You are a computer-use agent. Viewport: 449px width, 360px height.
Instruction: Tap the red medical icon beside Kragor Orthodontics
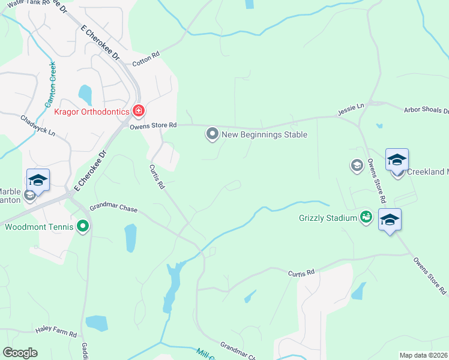click(x=139, y=111)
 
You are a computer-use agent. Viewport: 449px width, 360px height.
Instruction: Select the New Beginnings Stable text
click(x=264, y=134)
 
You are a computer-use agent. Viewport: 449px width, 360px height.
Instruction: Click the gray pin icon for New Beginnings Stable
click(x=212, y=134)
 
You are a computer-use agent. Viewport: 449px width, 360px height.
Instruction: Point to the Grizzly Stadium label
click(x=328, y=218)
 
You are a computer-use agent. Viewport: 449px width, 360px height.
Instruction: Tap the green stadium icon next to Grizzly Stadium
click(x=365, y=217)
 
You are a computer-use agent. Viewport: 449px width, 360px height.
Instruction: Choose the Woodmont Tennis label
click(x=39, y=227)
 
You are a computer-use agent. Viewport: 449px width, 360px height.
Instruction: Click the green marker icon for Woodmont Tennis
click(x=83, y=226)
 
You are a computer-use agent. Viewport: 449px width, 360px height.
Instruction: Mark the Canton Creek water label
click(x=49, y=85)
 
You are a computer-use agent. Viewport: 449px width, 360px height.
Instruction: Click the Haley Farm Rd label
click(x=56, y=334)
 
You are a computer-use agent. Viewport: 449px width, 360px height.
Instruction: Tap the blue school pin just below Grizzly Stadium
click(x=390, y=220)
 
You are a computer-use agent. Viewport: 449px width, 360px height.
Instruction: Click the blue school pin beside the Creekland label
click(x=397, y=160)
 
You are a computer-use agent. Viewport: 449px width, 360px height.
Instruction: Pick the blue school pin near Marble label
click(x=38, y=181)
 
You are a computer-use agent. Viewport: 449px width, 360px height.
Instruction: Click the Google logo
click(x=20, y=353)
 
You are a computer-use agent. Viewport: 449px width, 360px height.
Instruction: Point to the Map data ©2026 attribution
click(x=423, y=355)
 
